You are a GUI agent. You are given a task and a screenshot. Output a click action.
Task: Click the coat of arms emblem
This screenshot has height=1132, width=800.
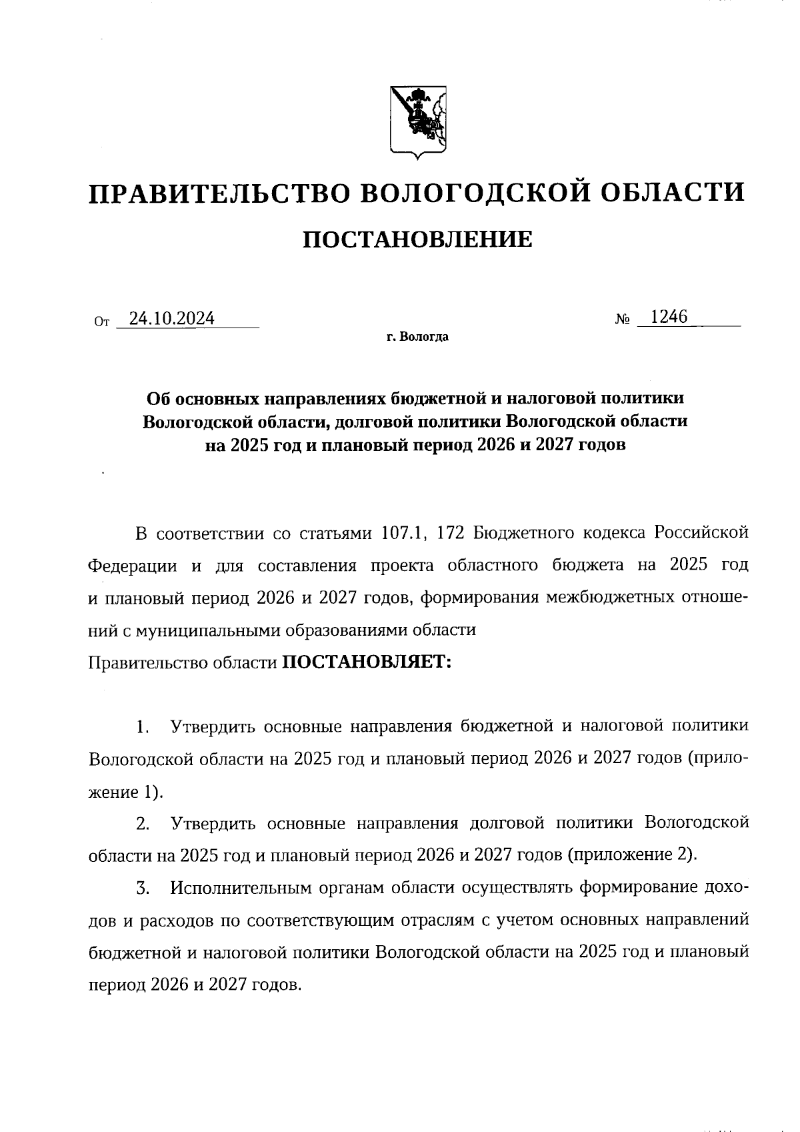pyautogui.click(x=418, y=122)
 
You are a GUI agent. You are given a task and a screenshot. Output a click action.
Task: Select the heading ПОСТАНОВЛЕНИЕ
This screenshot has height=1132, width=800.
pyautogui.click(x=418, y=238)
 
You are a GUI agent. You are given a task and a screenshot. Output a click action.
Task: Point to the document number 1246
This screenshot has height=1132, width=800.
pyautogui.click(x=669, y=317)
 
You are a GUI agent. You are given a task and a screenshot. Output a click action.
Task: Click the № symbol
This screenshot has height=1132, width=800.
pyautogui.click(x=623, y=320)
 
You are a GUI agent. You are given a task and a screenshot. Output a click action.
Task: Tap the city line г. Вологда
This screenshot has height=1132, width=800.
pyautogui.click(x=418, y=337)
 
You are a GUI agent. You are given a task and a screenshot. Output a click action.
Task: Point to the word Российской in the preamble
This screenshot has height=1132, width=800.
pyautogui.click(x=701, y=534)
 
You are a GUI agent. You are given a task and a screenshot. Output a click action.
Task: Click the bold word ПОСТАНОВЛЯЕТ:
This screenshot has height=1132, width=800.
pyautogui.click(x=367, y=662)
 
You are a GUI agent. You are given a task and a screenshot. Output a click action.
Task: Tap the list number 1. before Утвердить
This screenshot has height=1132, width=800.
pyautogui.click(x=142, y=726)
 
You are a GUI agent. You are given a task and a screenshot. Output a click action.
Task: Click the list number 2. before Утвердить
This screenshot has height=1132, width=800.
pyautogui.click(x=142, y=823)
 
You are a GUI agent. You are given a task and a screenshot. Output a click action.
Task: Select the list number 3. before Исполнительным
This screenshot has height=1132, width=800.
pyautogui.click(x=142, y=888)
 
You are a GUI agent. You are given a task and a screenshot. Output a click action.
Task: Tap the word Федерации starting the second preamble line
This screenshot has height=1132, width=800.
pyautogui.click(x=133, y=566)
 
